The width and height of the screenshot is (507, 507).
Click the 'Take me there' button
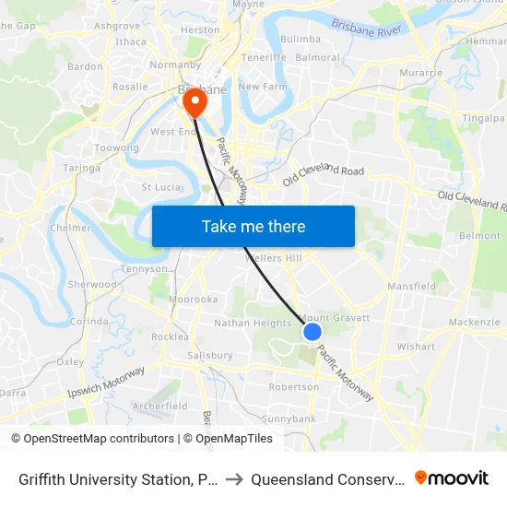[253, 226]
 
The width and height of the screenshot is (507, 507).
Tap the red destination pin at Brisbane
[195, 101]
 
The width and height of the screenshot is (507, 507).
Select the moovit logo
[452, 478]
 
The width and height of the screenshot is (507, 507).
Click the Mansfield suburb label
[411, 287]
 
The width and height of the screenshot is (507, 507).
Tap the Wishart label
[416, 348]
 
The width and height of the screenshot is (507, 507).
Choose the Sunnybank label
[289, 419]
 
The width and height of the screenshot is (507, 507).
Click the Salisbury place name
[209, 355]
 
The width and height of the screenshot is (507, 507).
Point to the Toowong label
[117, 148]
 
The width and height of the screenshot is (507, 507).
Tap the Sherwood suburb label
[92, 285]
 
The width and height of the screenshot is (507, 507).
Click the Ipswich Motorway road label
[107, 383]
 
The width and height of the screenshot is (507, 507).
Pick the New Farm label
[257, 87]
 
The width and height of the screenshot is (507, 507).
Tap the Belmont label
[479, 236]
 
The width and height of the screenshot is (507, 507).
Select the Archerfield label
[160, 406]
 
